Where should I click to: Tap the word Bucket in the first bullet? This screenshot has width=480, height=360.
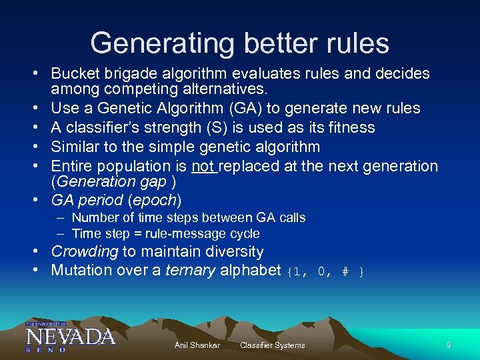tap(74, 73)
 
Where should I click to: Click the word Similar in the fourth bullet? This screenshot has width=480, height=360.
tap(74, 147)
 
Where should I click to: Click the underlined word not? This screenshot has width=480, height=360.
tap(203, 166)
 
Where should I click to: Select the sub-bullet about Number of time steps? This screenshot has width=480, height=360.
tap(188, 217)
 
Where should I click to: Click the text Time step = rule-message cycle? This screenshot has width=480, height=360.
tap(165, 233)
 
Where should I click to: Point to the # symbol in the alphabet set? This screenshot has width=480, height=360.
tap(345, 271)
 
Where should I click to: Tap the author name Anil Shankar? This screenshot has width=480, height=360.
tap(197, 345)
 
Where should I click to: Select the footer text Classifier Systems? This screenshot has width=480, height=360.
tap(272, 345)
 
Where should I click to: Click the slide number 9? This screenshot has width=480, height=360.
tap(449, 345)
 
